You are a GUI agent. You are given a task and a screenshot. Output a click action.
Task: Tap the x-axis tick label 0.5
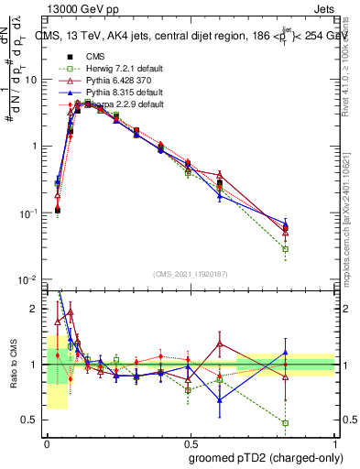pyautogui.click(x=190, y=442)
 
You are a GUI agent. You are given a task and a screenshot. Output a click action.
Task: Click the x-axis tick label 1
pyautogui.click(x=333, y=442)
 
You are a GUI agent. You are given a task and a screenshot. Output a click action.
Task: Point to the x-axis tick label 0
pyautogui.click(x=47, y=442)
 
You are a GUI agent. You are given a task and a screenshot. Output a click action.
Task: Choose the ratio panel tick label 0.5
pyautogui.click(x=32, y=420)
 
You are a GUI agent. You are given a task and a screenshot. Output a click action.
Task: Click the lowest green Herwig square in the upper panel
pyautogui.click(x=286, y=249)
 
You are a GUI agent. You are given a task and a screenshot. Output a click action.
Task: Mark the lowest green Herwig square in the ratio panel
pyautogui.click(x=286, y=423)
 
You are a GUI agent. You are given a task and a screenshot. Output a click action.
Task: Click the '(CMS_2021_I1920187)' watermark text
pyautogui.click(x=191, y=273)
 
